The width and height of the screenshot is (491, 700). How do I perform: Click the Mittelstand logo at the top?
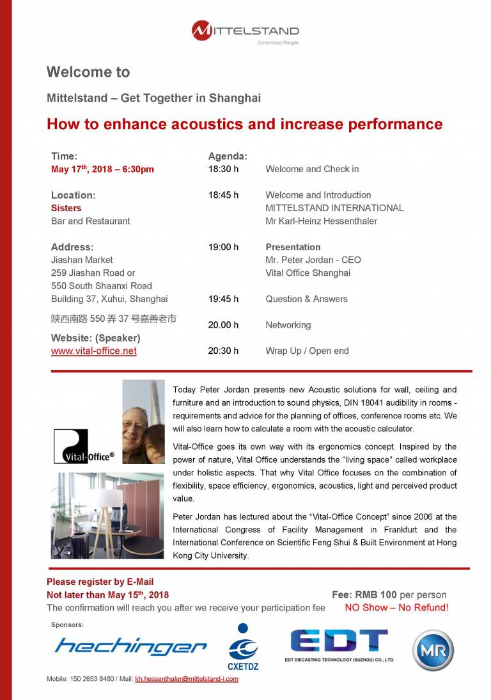[x=245, y=32]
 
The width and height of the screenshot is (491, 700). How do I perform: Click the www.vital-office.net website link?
[x=93, y=351]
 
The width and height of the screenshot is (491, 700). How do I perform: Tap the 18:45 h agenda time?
[x=223, y=195]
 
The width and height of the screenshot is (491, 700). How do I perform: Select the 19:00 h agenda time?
[x=223, y=247]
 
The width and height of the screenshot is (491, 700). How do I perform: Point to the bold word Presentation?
[x=293, y=247]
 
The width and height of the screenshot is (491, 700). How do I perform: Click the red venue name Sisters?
[x=66, y=208]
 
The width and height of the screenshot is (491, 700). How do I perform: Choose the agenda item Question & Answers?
[x=306, y=299]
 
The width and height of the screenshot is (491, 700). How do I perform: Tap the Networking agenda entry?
[x=288, y=325]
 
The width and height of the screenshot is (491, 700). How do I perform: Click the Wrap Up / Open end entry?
[x=307, y=351]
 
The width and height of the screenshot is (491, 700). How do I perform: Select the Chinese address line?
[x=113, y=318]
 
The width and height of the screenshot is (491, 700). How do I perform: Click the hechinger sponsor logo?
[x=130, y=646]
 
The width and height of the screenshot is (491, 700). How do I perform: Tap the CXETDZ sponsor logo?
[x=243, y=646]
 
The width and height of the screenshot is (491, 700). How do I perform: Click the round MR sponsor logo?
[x=433, y=650]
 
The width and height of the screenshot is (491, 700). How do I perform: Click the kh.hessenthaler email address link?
[x=187, y=679]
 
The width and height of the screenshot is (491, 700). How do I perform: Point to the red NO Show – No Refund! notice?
[x=396, y=608]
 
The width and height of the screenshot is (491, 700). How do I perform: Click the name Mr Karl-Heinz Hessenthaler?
[x=321, y=221]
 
